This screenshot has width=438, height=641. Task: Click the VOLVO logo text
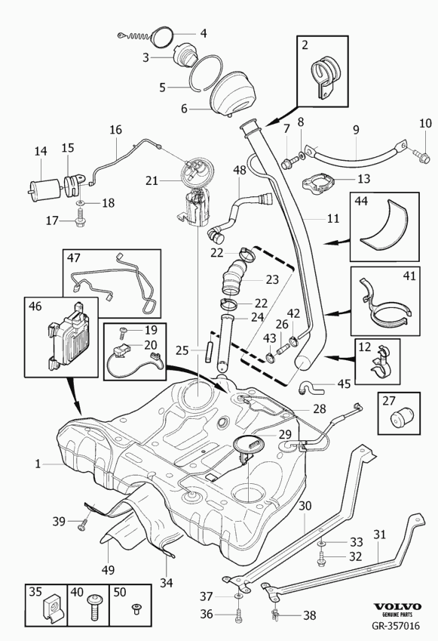398,607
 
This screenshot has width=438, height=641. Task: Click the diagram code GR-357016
396,625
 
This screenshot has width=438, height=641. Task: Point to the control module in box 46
70,337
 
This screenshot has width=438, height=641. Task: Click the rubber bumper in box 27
400,416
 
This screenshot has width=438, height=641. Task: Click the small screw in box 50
136,609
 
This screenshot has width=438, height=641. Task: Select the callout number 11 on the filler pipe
333,218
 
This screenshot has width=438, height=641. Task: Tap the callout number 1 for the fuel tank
38,464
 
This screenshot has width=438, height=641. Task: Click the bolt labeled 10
422,156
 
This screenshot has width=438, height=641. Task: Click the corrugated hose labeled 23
234,278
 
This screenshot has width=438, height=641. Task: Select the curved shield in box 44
385,224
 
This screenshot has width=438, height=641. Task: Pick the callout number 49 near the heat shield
108,569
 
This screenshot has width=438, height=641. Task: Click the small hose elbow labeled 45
311,387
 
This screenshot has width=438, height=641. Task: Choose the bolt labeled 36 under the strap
237,614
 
